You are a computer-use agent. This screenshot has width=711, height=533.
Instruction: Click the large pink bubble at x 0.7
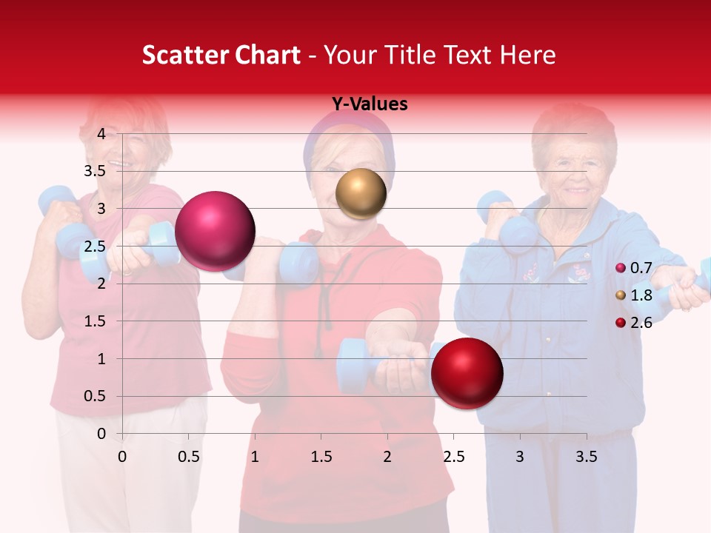tap(215, 231)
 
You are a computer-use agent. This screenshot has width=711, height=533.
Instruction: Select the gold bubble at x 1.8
tap(361, 193)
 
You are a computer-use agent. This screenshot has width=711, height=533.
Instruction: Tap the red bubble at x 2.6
tap(467, 373)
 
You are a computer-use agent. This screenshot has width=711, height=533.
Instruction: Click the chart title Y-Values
tap(369, 104)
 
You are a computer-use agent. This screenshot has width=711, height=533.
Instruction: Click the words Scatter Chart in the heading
tap(221, 55)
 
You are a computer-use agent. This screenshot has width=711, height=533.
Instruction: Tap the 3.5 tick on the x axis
tap(586, 457)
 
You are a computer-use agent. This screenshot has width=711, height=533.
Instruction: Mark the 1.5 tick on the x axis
tap(321, 457)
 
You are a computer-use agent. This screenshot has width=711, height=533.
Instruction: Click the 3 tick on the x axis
tap(520, 457)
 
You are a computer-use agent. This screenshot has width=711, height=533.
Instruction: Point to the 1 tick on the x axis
tap(255, 457)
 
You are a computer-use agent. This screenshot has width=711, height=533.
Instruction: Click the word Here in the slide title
tap(527, 55)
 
